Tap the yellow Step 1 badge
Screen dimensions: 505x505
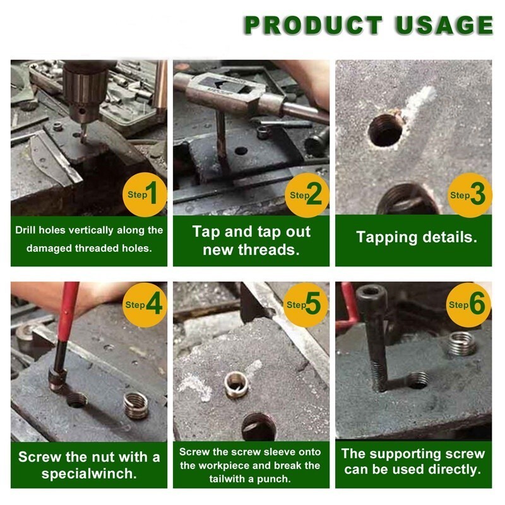click(145, 194)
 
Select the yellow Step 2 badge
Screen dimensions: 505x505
click(307, 195)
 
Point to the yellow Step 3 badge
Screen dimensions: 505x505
click(470, 195)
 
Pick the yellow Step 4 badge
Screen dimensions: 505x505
click(145, 305)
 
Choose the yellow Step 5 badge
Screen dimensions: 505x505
click(306, 305)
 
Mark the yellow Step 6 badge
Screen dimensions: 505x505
click(469, 305)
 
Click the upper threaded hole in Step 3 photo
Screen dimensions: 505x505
click(386, 130)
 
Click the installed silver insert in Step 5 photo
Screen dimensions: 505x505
click(236, 384)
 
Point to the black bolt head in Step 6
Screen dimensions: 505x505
click(371, 294)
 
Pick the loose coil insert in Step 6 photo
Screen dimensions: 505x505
click(462, 344)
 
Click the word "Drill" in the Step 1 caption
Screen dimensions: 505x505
click(26, 230)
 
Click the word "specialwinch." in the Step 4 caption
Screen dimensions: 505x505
click(89, 473)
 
